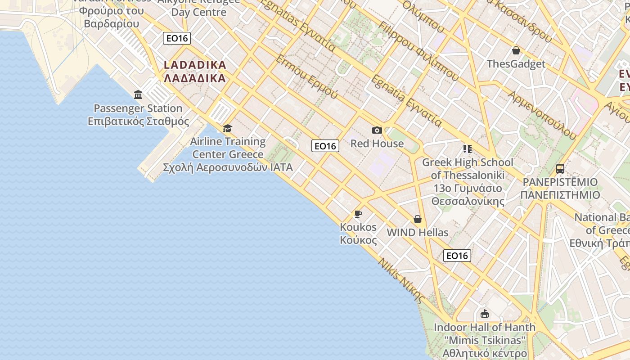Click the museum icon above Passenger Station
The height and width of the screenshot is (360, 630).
coord(138,95)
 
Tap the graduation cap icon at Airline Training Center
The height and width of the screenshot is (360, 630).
coord(227,129)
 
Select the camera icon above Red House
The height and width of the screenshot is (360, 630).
coord(377,130)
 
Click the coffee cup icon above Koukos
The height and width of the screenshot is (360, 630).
coord(358,213)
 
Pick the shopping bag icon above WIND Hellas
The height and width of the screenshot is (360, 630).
coord(418,219)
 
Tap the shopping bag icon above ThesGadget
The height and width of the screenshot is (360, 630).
coord(516,50)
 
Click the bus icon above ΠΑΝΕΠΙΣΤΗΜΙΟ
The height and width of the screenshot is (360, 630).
coord(560,169)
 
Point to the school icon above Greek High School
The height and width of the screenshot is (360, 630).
coord(467,149)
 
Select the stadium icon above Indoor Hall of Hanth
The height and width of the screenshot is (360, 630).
coord(485,314)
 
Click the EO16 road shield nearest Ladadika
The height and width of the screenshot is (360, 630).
coord(177,38)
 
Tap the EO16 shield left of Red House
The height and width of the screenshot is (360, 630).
coord(325,146)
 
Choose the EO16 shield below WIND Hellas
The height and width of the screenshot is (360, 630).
coord(457,256)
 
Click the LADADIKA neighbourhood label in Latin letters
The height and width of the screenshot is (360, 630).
coord(195,65)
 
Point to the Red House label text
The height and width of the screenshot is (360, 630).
coord(377,144)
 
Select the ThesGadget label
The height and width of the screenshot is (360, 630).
coord(516,64)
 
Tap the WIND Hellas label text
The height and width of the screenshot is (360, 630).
coord(418,233)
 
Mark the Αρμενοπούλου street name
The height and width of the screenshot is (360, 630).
coord(542,114)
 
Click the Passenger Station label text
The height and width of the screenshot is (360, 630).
coord(138,108)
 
